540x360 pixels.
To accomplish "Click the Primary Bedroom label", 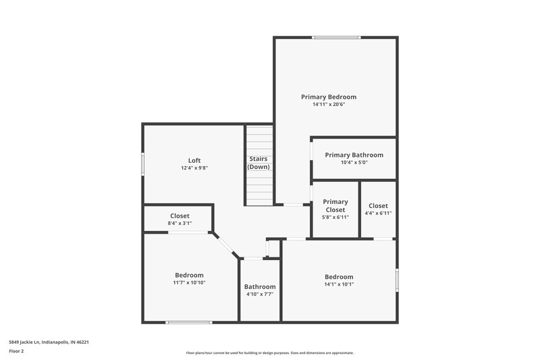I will [x=328, y=97].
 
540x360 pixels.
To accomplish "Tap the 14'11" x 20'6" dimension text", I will [x=328, y=105].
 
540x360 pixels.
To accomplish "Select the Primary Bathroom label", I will [x=354, y=155].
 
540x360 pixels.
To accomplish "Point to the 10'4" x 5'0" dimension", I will [x=354, y=163].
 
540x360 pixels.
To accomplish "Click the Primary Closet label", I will [x=335, y=205].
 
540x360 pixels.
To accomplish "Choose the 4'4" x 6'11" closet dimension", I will [x=378, y=213].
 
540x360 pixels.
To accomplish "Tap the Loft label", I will [x=194, y=160].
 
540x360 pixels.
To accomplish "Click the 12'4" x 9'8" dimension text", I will [x=194, y=168].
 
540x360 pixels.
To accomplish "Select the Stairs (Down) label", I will [x=259, y=163].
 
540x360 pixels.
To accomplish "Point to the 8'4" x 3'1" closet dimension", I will [x=180, y=224].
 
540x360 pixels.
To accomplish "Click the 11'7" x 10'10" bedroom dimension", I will [x=189, y=283].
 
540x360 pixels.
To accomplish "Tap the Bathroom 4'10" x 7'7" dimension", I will [x=260, y=294].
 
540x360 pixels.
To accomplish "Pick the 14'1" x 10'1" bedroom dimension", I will [x=338, y=284].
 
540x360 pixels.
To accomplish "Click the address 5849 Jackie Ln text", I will [x=49, y=342].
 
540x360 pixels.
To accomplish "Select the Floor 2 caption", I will [x=16, y=351].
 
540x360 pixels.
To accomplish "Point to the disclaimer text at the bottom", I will [x=270, y=353].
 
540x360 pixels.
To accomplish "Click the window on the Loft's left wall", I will [x=142, y=164].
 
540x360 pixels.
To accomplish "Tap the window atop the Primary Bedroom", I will [x=331, y=37].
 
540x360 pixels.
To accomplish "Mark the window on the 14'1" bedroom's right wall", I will [x=397, y=279].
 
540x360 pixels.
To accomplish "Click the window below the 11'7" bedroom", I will [x=185, y=322].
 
